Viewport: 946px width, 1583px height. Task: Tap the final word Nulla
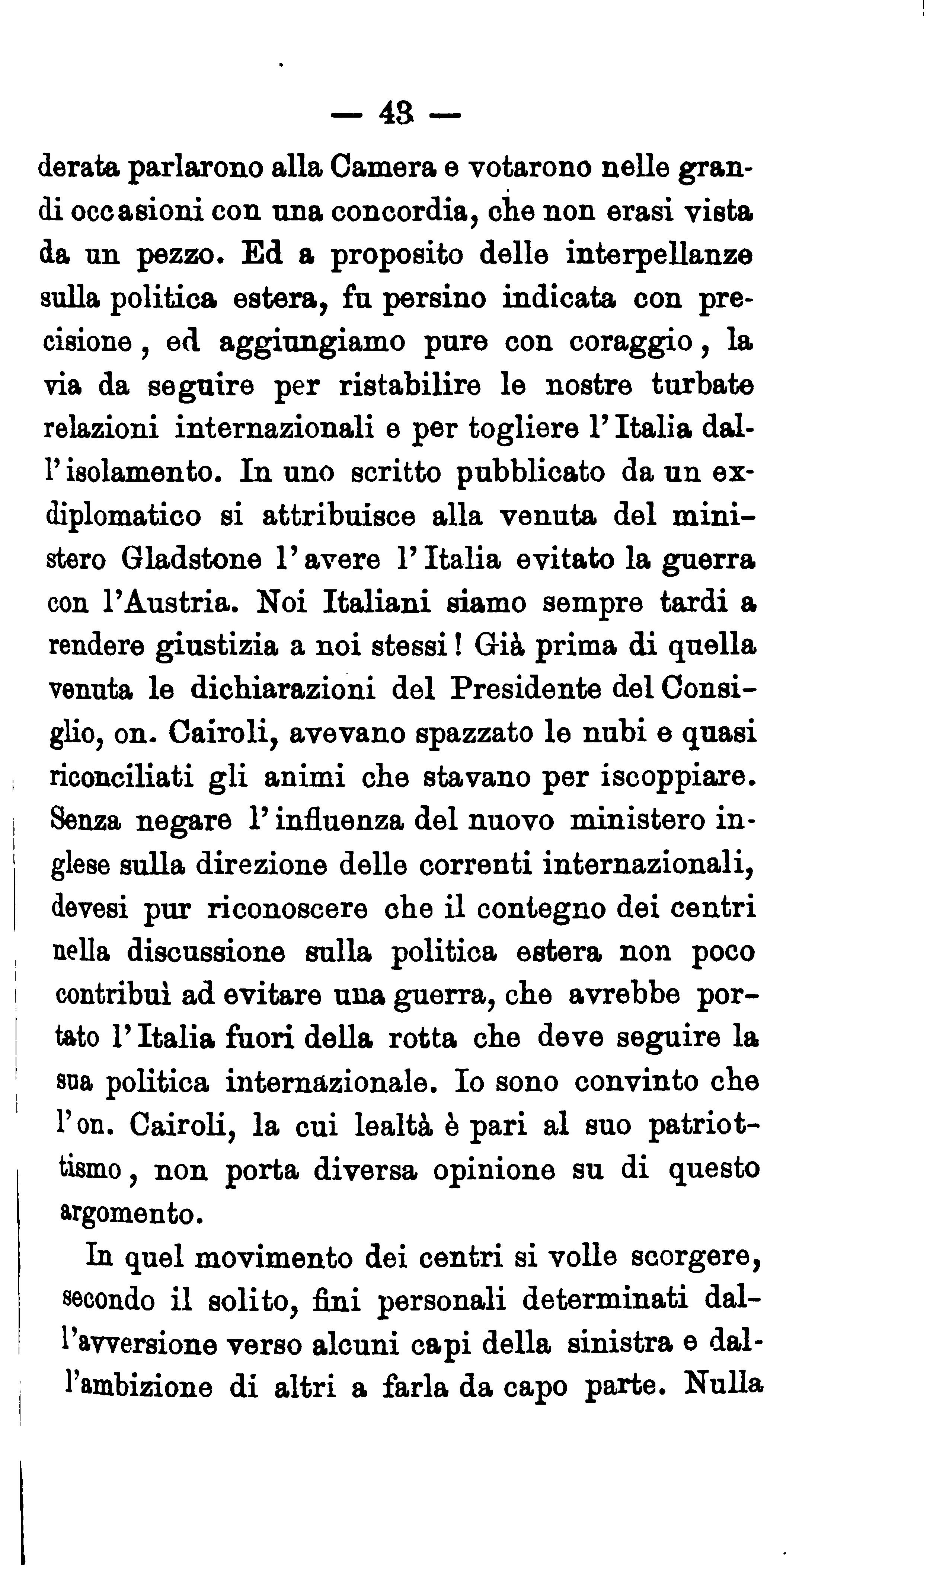(723, 1388)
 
